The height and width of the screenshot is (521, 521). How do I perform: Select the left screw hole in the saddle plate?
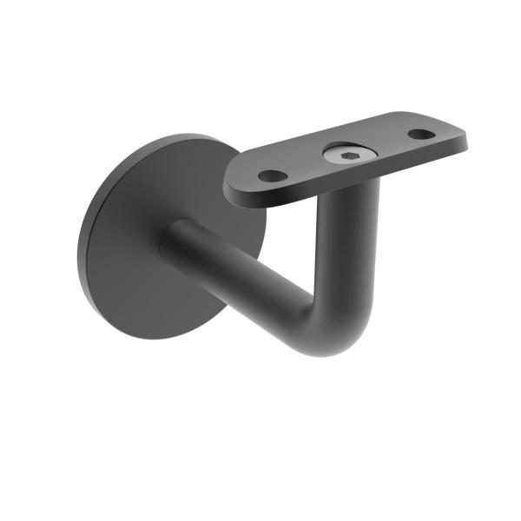click(271, 175)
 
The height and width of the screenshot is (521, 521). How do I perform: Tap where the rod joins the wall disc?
click(174, 239)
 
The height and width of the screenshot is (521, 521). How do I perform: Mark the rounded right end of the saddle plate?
click(460, 135)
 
